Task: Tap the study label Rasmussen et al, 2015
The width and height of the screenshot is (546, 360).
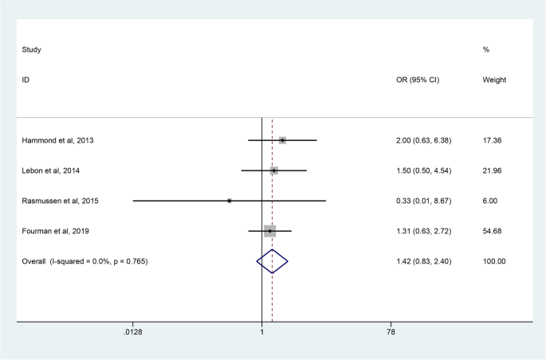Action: (x=61, y=201)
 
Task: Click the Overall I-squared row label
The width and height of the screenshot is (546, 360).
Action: (x=84, y=261)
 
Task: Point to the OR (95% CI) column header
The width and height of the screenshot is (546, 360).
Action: (x=418, y=80)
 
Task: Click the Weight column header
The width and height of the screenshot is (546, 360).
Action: (x=494, y=80)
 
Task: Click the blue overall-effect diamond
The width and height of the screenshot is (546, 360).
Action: (x=272, y=261)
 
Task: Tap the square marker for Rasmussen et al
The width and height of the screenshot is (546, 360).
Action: (x=230, y=201)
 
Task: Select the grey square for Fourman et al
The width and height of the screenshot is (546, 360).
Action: (x=270, y=231)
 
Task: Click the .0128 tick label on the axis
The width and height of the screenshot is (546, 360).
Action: (x=132, y=331)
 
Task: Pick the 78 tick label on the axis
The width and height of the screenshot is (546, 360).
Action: (x=391, y=331)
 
